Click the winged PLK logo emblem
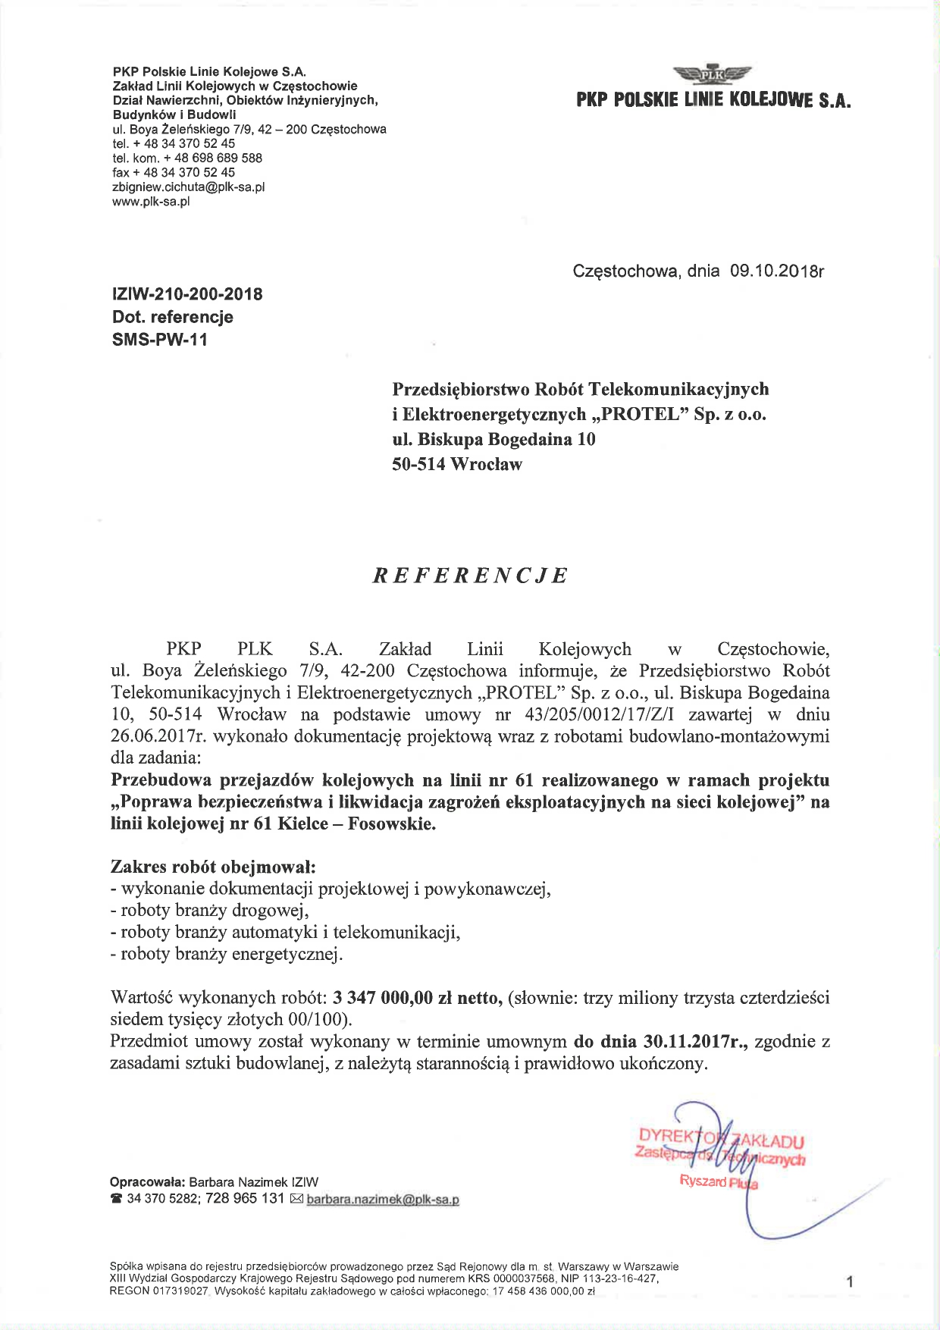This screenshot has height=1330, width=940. tap(712, 74)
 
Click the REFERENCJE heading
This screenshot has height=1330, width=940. tap(470, 576)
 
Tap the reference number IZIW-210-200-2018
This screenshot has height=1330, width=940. tap(187, 294)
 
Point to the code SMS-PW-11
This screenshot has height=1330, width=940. tap(159, 340)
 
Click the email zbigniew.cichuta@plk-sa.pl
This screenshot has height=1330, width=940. tap(188, 187)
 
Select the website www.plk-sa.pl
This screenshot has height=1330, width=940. tap(150, 201)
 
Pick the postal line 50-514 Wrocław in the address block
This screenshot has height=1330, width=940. tap(456, 464)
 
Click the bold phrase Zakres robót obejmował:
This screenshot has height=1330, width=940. tap(213, 867)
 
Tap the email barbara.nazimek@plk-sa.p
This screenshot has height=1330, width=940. tap(383, 1200)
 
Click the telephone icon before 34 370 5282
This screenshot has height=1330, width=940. tap(116, 1199)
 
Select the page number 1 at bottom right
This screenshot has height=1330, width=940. tap(850, 1282)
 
